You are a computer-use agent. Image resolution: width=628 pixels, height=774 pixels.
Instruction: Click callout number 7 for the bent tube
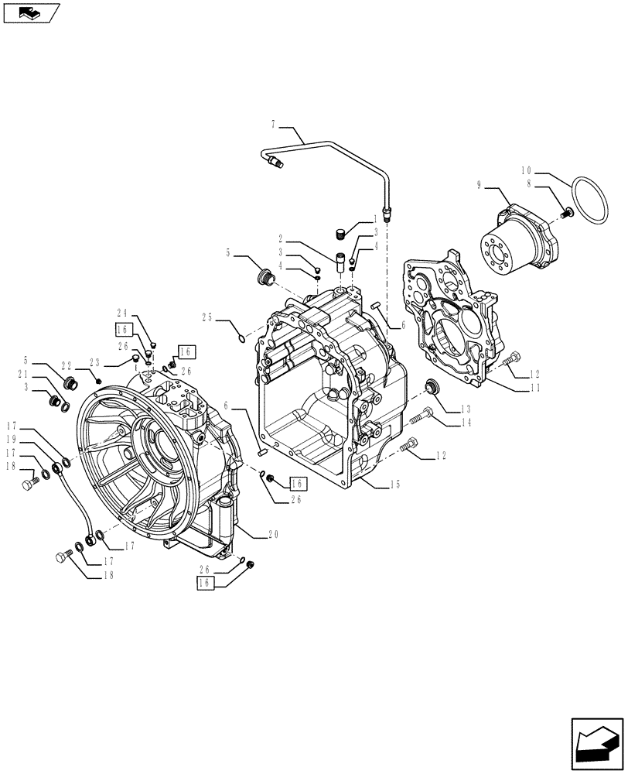pyautogui.click(x=273, y=124)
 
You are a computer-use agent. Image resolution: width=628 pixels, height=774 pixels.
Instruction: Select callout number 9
pyautogui.click(x=480, y=184)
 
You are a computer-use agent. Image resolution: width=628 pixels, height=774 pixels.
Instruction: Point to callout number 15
pyautogui.click(x=394, y=485)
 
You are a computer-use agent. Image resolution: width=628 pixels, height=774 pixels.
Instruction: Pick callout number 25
pyautogui.click(x=206, y=317)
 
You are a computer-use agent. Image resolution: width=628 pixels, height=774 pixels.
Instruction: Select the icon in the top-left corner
pyautogui.click(x=32, y=12)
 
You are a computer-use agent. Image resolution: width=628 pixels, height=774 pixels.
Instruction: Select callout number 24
pyautogui.click(x=122, y=314)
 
